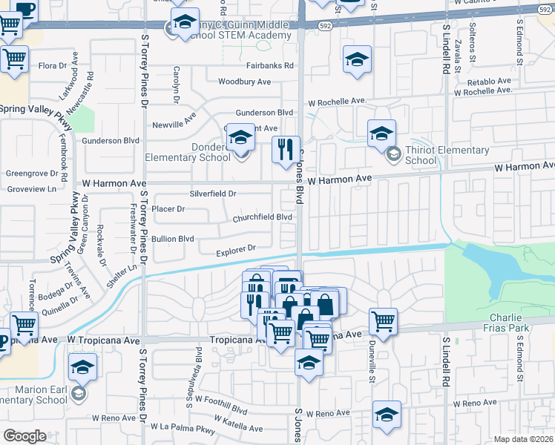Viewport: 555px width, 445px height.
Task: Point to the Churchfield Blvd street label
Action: pyautogui.click(x=262, y=217)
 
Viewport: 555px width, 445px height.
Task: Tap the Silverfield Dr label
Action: pyautogui.click(x=213, y=194)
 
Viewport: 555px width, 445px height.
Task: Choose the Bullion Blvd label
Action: pyautogui.click(x=172, y=239)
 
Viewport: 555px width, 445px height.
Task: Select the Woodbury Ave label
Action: pyautogui.click(x=244, y=82)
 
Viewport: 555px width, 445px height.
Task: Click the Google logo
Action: pyautogui.click(x=24, y=436)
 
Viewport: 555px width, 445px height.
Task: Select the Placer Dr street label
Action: pyautogui.click(x=168, y=209)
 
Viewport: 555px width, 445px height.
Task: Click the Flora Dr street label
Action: pyautogui.click(x=53, y=66)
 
